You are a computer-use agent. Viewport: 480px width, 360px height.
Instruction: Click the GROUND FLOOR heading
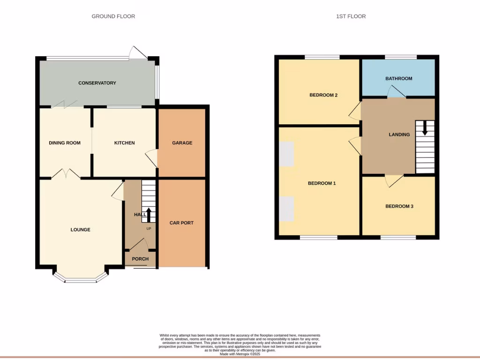click(113, 16)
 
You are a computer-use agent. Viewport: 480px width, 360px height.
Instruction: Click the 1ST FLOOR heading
click(351, 16)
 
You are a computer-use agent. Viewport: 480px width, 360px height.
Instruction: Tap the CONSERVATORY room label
click(97, 83)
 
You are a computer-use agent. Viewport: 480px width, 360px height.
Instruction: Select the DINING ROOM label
click(65, 143)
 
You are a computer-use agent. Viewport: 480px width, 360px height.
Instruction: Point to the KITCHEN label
click(125, 143)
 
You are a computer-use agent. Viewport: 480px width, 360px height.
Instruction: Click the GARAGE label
click(182, 143)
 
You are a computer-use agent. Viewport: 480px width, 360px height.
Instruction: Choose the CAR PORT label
click(181, 223)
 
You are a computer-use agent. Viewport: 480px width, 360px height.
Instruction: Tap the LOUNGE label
click(80, 230)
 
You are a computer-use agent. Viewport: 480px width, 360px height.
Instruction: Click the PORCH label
click(140, 259)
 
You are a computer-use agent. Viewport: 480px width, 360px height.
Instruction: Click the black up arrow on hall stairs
click(149, 215)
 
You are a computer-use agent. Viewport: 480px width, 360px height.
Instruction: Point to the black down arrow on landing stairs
click(425, 128)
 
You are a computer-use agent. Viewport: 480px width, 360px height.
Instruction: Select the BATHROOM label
click(399, 78)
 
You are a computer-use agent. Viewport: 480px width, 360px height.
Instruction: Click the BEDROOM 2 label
click(323, 95)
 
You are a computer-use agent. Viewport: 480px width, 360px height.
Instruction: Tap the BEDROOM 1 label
click(322, 183)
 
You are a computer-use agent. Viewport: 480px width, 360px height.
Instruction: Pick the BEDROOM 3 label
click(399, 206)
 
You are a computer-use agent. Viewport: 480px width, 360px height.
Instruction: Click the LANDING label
click(399, 135)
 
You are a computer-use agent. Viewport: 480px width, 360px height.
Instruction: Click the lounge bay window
click(80, 280)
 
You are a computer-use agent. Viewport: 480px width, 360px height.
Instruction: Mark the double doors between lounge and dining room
click(65, 174)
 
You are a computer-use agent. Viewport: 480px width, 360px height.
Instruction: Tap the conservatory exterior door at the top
click(138, 53)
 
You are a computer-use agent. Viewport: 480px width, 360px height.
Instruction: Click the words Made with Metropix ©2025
click(240, 354)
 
